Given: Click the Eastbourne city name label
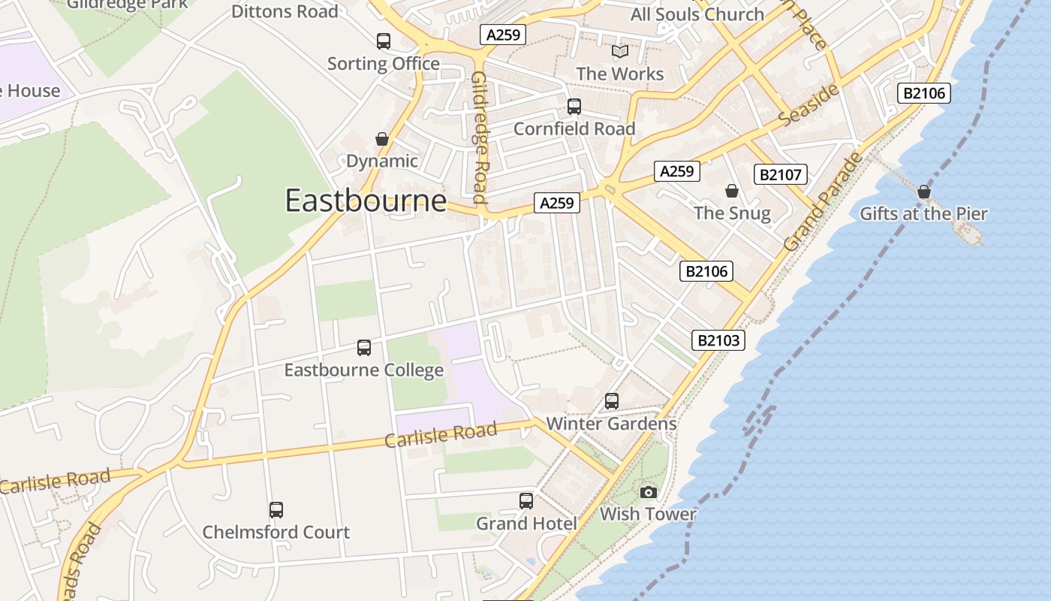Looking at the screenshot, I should click(366, 201).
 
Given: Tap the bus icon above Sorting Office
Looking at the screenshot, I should click(384, 41).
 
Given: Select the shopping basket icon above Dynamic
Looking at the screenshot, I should click(382, 139).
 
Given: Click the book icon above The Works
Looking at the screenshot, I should click(619, 51).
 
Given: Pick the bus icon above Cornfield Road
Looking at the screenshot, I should click(574, 107).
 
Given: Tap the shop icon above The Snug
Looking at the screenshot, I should click(732, 191).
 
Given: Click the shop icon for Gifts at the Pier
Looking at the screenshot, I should click(924, 192).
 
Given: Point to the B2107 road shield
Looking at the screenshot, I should click(781, 175).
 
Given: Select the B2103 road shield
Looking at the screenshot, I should click(718, 340).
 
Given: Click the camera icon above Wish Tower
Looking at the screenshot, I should click(649, 492).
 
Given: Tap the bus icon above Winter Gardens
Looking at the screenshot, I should click(612, 401).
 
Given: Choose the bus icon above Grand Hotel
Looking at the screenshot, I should click(526, 500).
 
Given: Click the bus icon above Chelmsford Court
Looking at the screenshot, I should click(276, 510).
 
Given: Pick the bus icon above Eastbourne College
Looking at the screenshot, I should click(364, 348).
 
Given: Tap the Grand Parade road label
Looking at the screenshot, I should click(823, 202).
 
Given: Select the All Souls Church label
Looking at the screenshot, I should click(697, 14).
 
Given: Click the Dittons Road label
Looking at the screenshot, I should click(285, 11).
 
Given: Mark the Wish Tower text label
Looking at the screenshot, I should click(648, 515).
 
